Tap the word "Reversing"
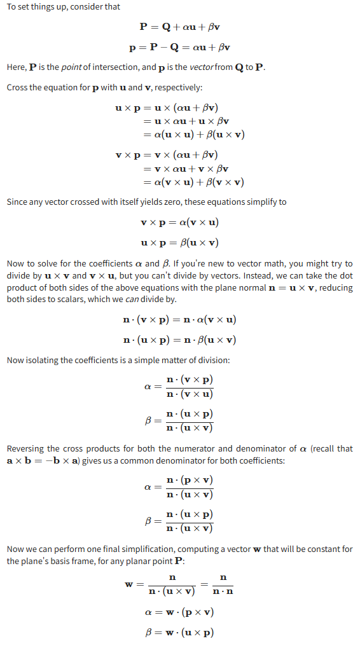click(x=27, y=448)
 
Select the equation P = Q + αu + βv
click(x=180, y=27)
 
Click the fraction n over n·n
click(x=223, y=584)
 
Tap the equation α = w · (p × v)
click(x=179, y=612)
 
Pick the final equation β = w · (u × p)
click(x=179, y=633)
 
